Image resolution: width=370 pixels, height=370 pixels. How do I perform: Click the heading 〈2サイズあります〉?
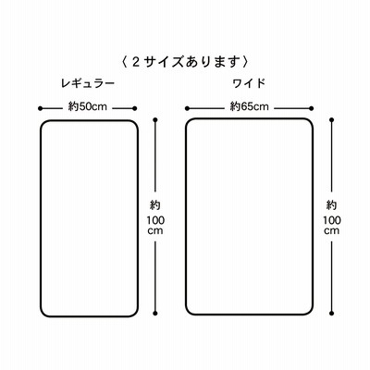click(185, 62)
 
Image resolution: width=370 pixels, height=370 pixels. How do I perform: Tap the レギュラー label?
click(88, 83)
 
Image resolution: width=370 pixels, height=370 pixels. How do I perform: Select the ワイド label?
click(249, 83)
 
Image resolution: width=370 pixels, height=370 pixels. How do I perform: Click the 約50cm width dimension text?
click(87, 106)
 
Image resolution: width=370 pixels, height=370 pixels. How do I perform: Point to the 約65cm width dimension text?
click(250, 106)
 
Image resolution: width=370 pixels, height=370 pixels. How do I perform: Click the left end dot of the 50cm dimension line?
click(40, 108)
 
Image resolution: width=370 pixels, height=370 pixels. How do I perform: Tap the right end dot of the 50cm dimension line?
click(134, 108)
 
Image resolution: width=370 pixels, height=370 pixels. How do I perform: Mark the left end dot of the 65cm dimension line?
click(187, 108)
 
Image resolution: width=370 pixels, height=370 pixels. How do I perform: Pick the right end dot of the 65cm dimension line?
click(312, 108)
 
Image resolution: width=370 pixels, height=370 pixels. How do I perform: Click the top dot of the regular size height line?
click(155, 119)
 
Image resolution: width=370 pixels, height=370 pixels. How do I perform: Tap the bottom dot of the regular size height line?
click(155, 314)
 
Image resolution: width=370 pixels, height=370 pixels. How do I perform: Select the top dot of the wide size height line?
click(332, 119)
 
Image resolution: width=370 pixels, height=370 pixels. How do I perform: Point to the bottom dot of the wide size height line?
click(332, 314)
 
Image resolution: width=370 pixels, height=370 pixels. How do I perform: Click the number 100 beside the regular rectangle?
click(155, 220)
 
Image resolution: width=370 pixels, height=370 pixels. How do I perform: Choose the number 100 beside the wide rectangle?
click(332, 220)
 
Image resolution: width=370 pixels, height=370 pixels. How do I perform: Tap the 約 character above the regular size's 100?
click(155, 205)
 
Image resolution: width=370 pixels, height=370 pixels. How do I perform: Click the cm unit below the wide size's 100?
click(332, 231)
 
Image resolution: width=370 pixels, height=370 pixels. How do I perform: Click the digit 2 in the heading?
click(136, 62)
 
